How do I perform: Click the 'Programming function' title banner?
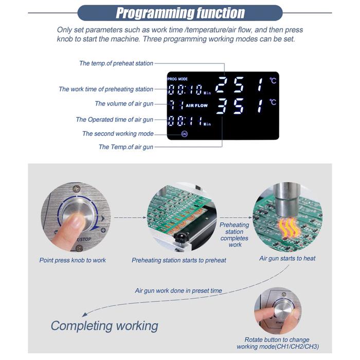(180, 13)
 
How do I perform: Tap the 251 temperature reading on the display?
(239, 85)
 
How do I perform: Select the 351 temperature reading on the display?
(239, 106)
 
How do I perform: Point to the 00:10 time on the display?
(185, 89)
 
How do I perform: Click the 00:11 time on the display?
(185, 121)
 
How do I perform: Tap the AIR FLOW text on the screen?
(196, 105)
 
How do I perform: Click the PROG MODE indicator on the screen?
(177, 79)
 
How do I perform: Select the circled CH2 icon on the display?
(184, 134)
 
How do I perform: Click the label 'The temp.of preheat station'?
(116, 63)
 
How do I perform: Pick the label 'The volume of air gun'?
(124, 104)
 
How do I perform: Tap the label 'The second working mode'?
(118, 134)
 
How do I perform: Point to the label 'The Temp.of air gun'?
(126, 147)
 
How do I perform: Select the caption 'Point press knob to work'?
(73, 260)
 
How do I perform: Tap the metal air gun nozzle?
(287, 200)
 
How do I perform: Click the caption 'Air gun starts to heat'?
(287, 259)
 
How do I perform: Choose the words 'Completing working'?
(104, 326)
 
